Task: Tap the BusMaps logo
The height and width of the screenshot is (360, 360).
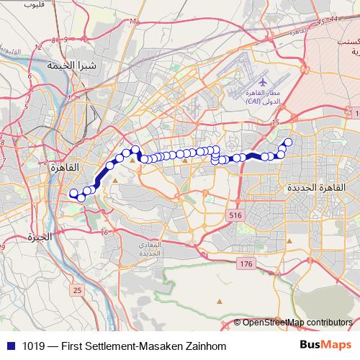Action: pyautogui.click(x=325, y=346)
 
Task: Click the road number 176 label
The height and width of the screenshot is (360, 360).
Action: pyautogui.click(x=246, y=264)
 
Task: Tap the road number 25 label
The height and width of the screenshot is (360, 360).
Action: pyautogui.click(x=77, y=290)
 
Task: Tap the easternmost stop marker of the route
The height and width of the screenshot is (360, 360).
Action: pyautogui.click(x=289, y=142)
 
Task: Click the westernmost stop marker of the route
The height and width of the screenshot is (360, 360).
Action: pyautogui.click(x=73, y=192)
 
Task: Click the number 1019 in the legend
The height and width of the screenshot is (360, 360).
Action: pyautogui.click(x=30, y=346)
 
